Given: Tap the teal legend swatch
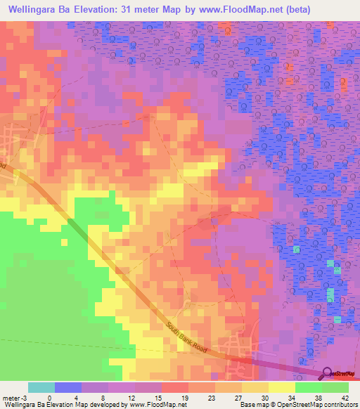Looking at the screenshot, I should coord(41,387).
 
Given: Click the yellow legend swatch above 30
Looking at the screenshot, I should coord(255,387).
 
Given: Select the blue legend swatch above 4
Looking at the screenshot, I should coord(67,387).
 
